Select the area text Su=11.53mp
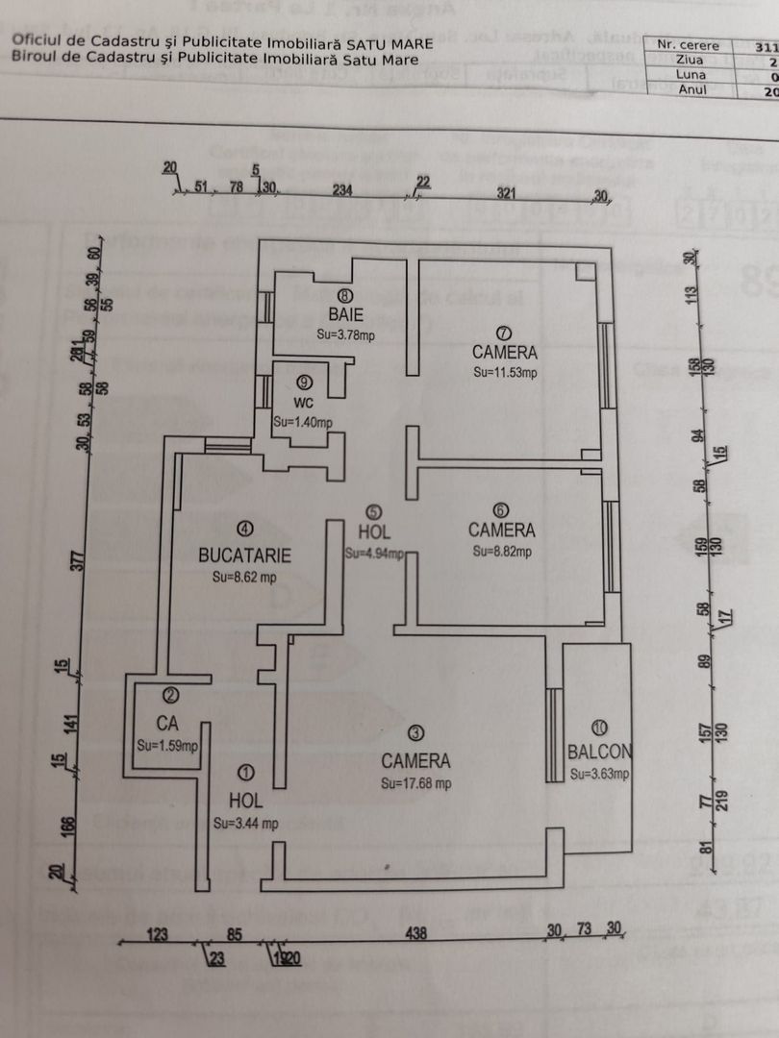pyautogui.click(x=505, y=371)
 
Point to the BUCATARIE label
pyautogui.click(x=245, y=555)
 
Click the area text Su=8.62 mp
pyautogui.click(x=244, y=578)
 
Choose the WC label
pyautogui.click(x=304, y=404)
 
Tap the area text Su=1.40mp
pyautogui.click(x=302, y=422)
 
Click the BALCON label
pyautogui.click(x=599, y=752)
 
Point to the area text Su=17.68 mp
pyautogui.click(x=415, y=783)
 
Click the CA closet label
pyautogui.click(x=169, y=722)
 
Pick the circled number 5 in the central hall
pyautogui.click(x=373, y=512)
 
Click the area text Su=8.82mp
pyautogui.click(x=501, y=552)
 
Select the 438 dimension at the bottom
pyautogui.click(x=415, y=932)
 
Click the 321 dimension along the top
pyautogui.click(x=507, y=193)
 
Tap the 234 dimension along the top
pyautogui.click(x=342, y=190)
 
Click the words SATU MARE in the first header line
pyautogui.click(x=389, y=43)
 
